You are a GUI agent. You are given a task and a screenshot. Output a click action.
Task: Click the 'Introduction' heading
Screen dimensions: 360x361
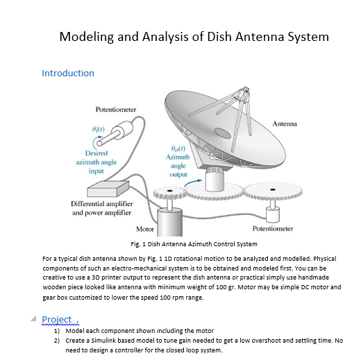tap(68, 73)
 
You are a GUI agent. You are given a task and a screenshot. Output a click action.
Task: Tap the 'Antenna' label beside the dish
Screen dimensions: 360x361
tap(284, 123)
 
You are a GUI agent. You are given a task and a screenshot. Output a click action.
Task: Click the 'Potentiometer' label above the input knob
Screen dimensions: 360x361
tap(115, 110)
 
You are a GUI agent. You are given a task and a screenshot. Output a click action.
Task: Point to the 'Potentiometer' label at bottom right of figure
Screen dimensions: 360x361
tap(274, 228)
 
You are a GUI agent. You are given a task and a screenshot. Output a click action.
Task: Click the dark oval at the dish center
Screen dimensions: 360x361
tap(222, 132)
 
